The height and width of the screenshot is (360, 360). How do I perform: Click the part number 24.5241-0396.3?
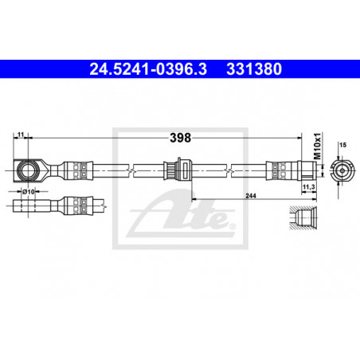148,69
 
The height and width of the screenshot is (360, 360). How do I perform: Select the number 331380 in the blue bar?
254,69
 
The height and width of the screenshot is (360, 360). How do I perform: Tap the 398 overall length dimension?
181,138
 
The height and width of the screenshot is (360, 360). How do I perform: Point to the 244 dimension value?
251,196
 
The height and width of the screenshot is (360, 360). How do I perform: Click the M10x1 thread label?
318,146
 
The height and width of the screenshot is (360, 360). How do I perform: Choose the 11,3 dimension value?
309,187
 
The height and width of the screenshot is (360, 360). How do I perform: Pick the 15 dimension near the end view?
342,145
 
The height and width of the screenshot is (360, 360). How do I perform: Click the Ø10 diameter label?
29,191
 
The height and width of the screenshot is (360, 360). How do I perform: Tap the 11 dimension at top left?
21,135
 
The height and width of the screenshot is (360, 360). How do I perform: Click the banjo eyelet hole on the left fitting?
28,170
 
